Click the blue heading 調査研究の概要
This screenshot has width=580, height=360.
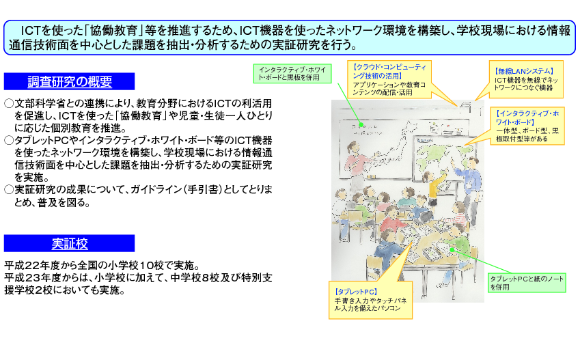[x=70, y=81]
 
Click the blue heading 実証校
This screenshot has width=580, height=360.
[x=70, y=243]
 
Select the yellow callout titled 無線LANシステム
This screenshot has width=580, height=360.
[x=526, y=79]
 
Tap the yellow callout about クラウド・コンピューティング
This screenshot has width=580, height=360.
[x=389, y=79]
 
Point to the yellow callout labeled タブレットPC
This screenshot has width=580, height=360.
[x=370, y=300]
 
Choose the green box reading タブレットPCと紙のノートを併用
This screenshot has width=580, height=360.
[x=527, y=283]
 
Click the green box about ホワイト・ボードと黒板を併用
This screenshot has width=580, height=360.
[x=292, y=74]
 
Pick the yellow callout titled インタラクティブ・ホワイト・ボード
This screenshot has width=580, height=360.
[x=527, y=126]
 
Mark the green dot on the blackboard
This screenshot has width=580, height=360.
[x=361, y=125]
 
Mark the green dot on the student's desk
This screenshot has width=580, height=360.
[x=452, y=250]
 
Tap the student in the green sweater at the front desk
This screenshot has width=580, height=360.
[x=457, y=244]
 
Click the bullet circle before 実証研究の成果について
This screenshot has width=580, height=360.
[x=9, y=190]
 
